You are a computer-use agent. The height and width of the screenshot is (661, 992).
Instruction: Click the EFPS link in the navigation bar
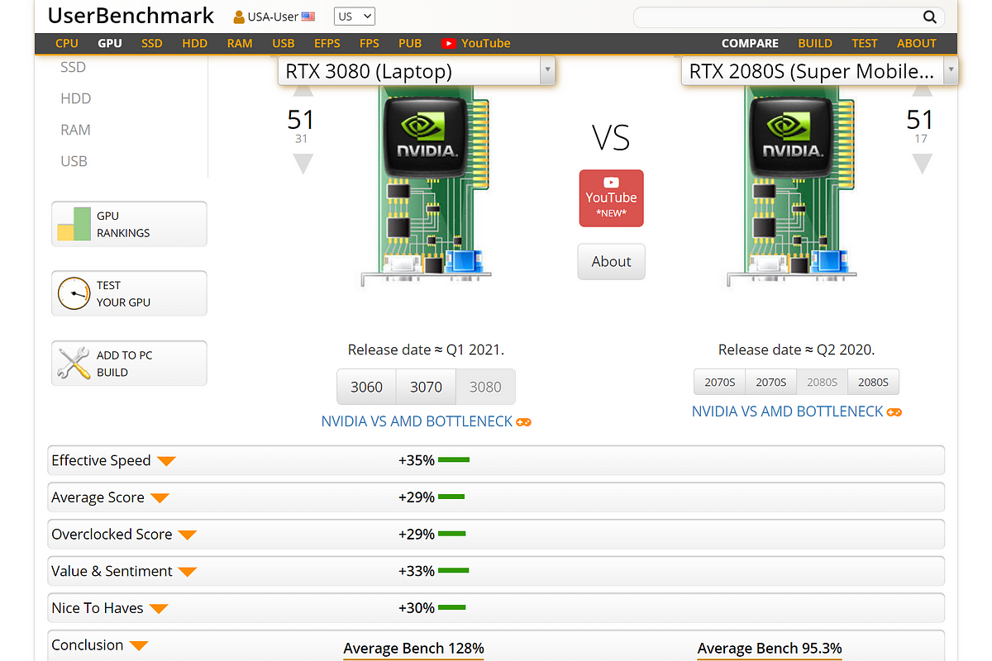(327, 44)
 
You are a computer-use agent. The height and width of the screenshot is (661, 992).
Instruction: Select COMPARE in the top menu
(750, 44)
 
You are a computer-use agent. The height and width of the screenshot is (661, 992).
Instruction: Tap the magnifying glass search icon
(929, 17)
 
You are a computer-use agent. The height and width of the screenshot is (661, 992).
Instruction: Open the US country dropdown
(355, 17)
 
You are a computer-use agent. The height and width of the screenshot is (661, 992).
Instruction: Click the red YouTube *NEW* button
(611, 198)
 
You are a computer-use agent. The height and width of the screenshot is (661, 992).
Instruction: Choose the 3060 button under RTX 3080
(366, 387)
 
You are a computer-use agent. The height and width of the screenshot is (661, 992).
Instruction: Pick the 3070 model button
(426, 387)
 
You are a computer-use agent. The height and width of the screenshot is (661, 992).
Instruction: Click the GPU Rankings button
(129, 224)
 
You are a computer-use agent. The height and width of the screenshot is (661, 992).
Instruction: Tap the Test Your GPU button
(129, 293)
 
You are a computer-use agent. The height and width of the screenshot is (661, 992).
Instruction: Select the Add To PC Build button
(129, 364)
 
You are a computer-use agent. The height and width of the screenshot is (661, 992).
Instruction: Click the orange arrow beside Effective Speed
(166, 461)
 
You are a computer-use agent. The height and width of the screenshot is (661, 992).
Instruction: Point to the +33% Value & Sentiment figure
(417, 571)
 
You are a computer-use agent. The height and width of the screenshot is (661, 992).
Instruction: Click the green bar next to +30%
(451, 607)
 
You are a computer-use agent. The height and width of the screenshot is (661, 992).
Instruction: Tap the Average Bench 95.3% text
(770, 648)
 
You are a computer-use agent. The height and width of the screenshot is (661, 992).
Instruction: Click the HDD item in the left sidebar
(76, 98)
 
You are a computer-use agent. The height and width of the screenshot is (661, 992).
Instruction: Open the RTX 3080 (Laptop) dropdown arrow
(547, 70)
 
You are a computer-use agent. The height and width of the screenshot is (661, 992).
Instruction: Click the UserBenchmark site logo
(131, 16)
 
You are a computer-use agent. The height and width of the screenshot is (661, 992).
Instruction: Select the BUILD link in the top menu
(815, 44)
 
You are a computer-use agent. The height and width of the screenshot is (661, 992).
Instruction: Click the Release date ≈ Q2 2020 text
(796, 350)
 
